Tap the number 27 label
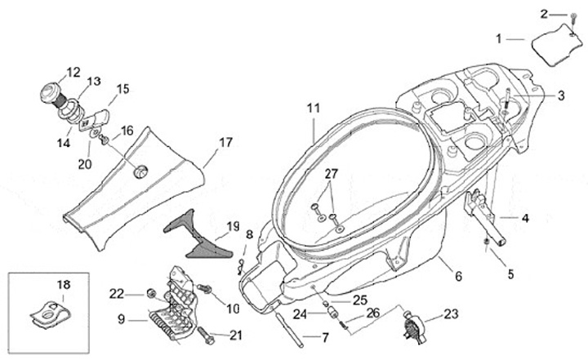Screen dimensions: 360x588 (x=330, y=174)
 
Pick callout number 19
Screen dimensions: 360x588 (x=233, y=226)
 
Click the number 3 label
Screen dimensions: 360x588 (x=561, y=96)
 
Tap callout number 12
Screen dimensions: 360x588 (x=73, y=73)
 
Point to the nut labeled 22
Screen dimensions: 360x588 (x=151, y=293)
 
